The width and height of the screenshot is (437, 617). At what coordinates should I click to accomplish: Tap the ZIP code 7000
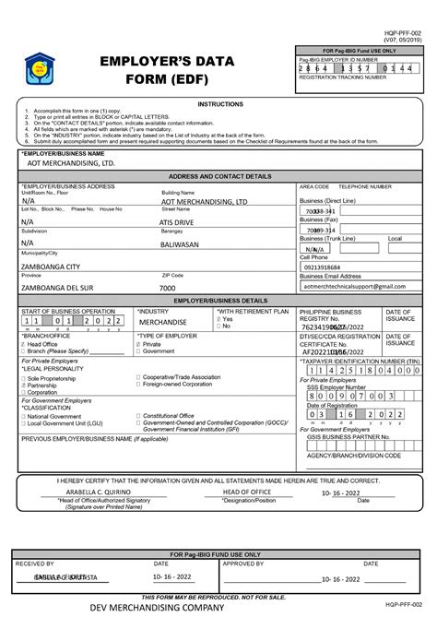[x=168, y=288]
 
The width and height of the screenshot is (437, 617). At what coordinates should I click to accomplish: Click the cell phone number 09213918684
[x=326, y=267]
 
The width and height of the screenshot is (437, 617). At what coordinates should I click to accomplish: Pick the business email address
[x=354, y=287]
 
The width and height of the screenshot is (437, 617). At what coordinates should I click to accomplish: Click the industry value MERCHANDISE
[x=162, y=322]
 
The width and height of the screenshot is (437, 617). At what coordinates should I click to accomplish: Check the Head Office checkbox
[x=24, y=344]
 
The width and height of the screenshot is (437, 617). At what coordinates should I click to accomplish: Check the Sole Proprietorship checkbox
[x=24, y=378]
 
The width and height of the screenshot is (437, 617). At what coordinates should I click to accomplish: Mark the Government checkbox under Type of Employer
[x=139, y=351]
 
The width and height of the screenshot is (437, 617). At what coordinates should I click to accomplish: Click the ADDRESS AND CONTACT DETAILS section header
[x=219, y=175]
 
